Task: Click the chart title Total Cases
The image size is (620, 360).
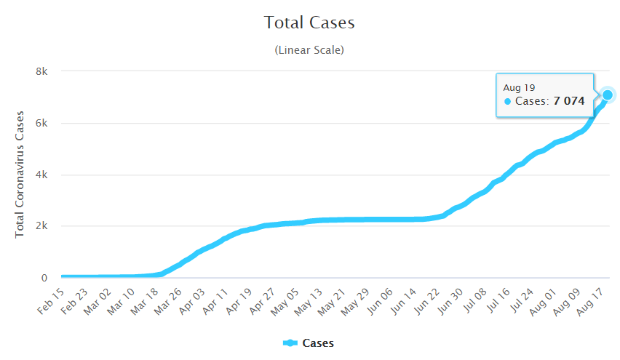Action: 309,23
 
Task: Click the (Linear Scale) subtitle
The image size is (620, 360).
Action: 309,50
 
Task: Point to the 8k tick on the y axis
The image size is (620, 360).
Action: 42,71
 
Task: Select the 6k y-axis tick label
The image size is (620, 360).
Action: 42,123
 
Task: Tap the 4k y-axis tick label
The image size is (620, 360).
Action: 42,175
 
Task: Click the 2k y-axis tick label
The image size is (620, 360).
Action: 42,226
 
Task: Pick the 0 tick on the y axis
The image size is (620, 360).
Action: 44,278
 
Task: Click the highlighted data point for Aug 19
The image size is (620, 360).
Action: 608,95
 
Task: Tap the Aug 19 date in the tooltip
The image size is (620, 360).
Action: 519,87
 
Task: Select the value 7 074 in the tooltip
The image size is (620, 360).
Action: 568,101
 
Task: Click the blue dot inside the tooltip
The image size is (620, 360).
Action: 507,101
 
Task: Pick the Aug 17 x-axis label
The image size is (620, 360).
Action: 596,299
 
